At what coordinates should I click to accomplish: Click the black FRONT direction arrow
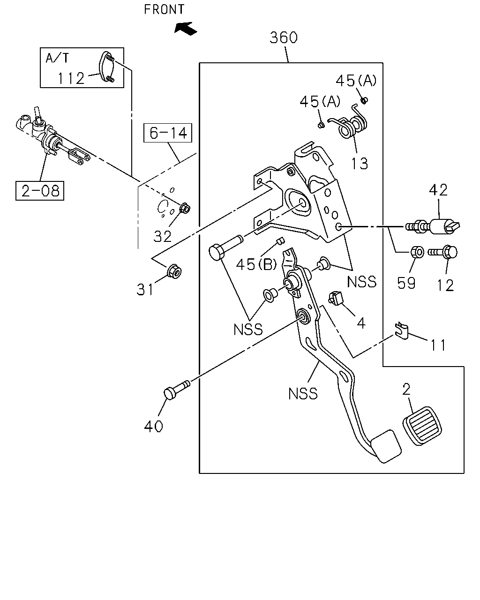click(x=186, y=29)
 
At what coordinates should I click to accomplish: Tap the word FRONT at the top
click(x=164, y=9)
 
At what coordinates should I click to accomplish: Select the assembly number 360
click(x=284, y=37)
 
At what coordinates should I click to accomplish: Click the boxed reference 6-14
click(x=168, y=133)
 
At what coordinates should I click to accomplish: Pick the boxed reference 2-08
click(x=40, y=191)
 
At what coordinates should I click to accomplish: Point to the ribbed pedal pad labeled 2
click(x=422, y=426)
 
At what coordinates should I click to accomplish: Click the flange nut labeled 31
click(x=174, y=271)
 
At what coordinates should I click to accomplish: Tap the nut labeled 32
click(x=185, y=208)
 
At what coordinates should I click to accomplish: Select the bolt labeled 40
click(x=177, y=389)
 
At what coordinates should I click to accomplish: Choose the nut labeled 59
click(x=417, y=252)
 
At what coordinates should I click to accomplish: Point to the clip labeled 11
click(x=402, y=330)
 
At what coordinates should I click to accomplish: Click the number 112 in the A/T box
click(x=71, y=78)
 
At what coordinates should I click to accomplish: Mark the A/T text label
click(x=57, y=58)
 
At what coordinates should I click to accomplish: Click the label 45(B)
click(x=256, y=264)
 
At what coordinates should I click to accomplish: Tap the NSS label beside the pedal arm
click(x=303, y=394)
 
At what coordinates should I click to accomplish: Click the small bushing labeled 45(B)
click(x=280, y=240)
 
